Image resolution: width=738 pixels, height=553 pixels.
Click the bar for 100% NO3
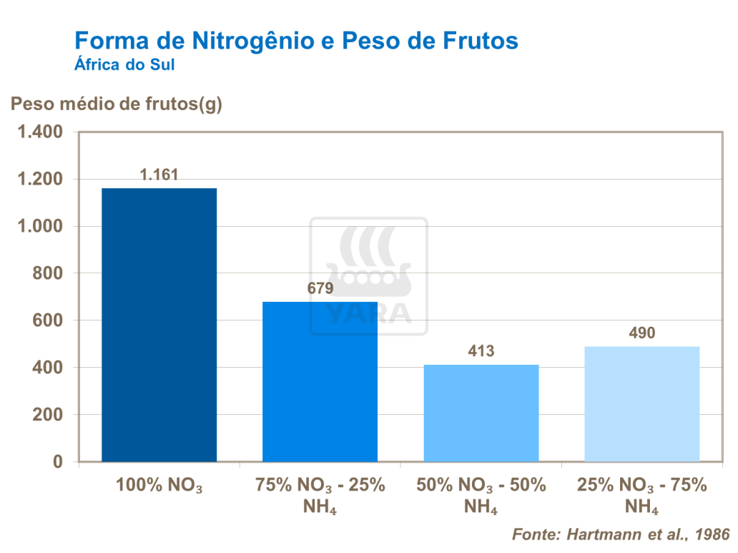pyautogui.click(x=159, y=325)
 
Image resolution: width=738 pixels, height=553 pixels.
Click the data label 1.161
pyautogui.click(x=159, y=175)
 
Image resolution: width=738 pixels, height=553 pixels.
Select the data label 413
pyautogui.click(x=481, y=351)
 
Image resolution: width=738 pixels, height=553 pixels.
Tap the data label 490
pyautogui.click(x=641, y=333)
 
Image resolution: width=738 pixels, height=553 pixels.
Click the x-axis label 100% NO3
pyautogui.click(x=159, y=486)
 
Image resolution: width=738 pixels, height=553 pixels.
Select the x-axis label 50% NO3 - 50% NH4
pyautogui.click(x=481, y=495)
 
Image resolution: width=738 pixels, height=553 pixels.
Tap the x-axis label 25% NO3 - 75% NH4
pyautogui.click(x=641, y=495)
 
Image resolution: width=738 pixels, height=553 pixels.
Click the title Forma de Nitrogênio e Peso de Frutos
pyautogui.click(x=296, y=40)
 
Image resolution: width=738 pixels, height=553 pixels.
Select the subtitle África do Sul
pyautogui.click(x=125, y=64)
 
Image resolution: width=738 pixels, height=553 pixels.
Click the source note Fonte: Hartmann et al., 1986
pyautogui.click(x=621, y=534)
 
